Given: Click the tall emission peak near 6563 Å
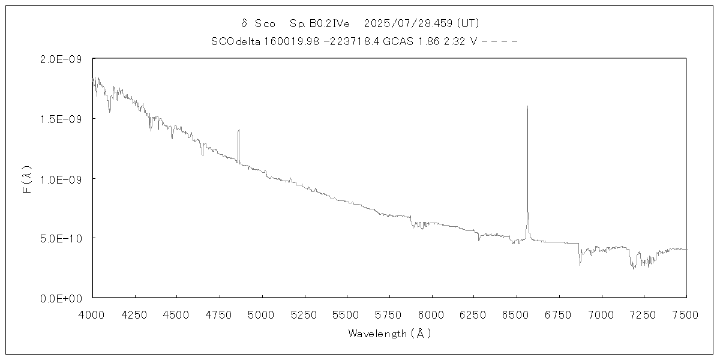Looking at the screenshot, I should tap(527, 107).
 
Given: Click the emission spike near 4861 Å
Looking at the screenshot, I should tap(238, 130).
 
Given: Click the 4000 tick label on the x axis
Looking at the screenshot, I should tap(92, 314).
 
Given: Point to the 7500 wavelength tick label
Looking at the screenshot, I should tap(686, 314).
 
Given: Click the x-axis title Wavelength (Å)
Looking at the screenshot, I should tap(389, 334).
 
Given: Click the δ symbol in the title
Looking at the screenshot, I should tap(244, 23).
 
